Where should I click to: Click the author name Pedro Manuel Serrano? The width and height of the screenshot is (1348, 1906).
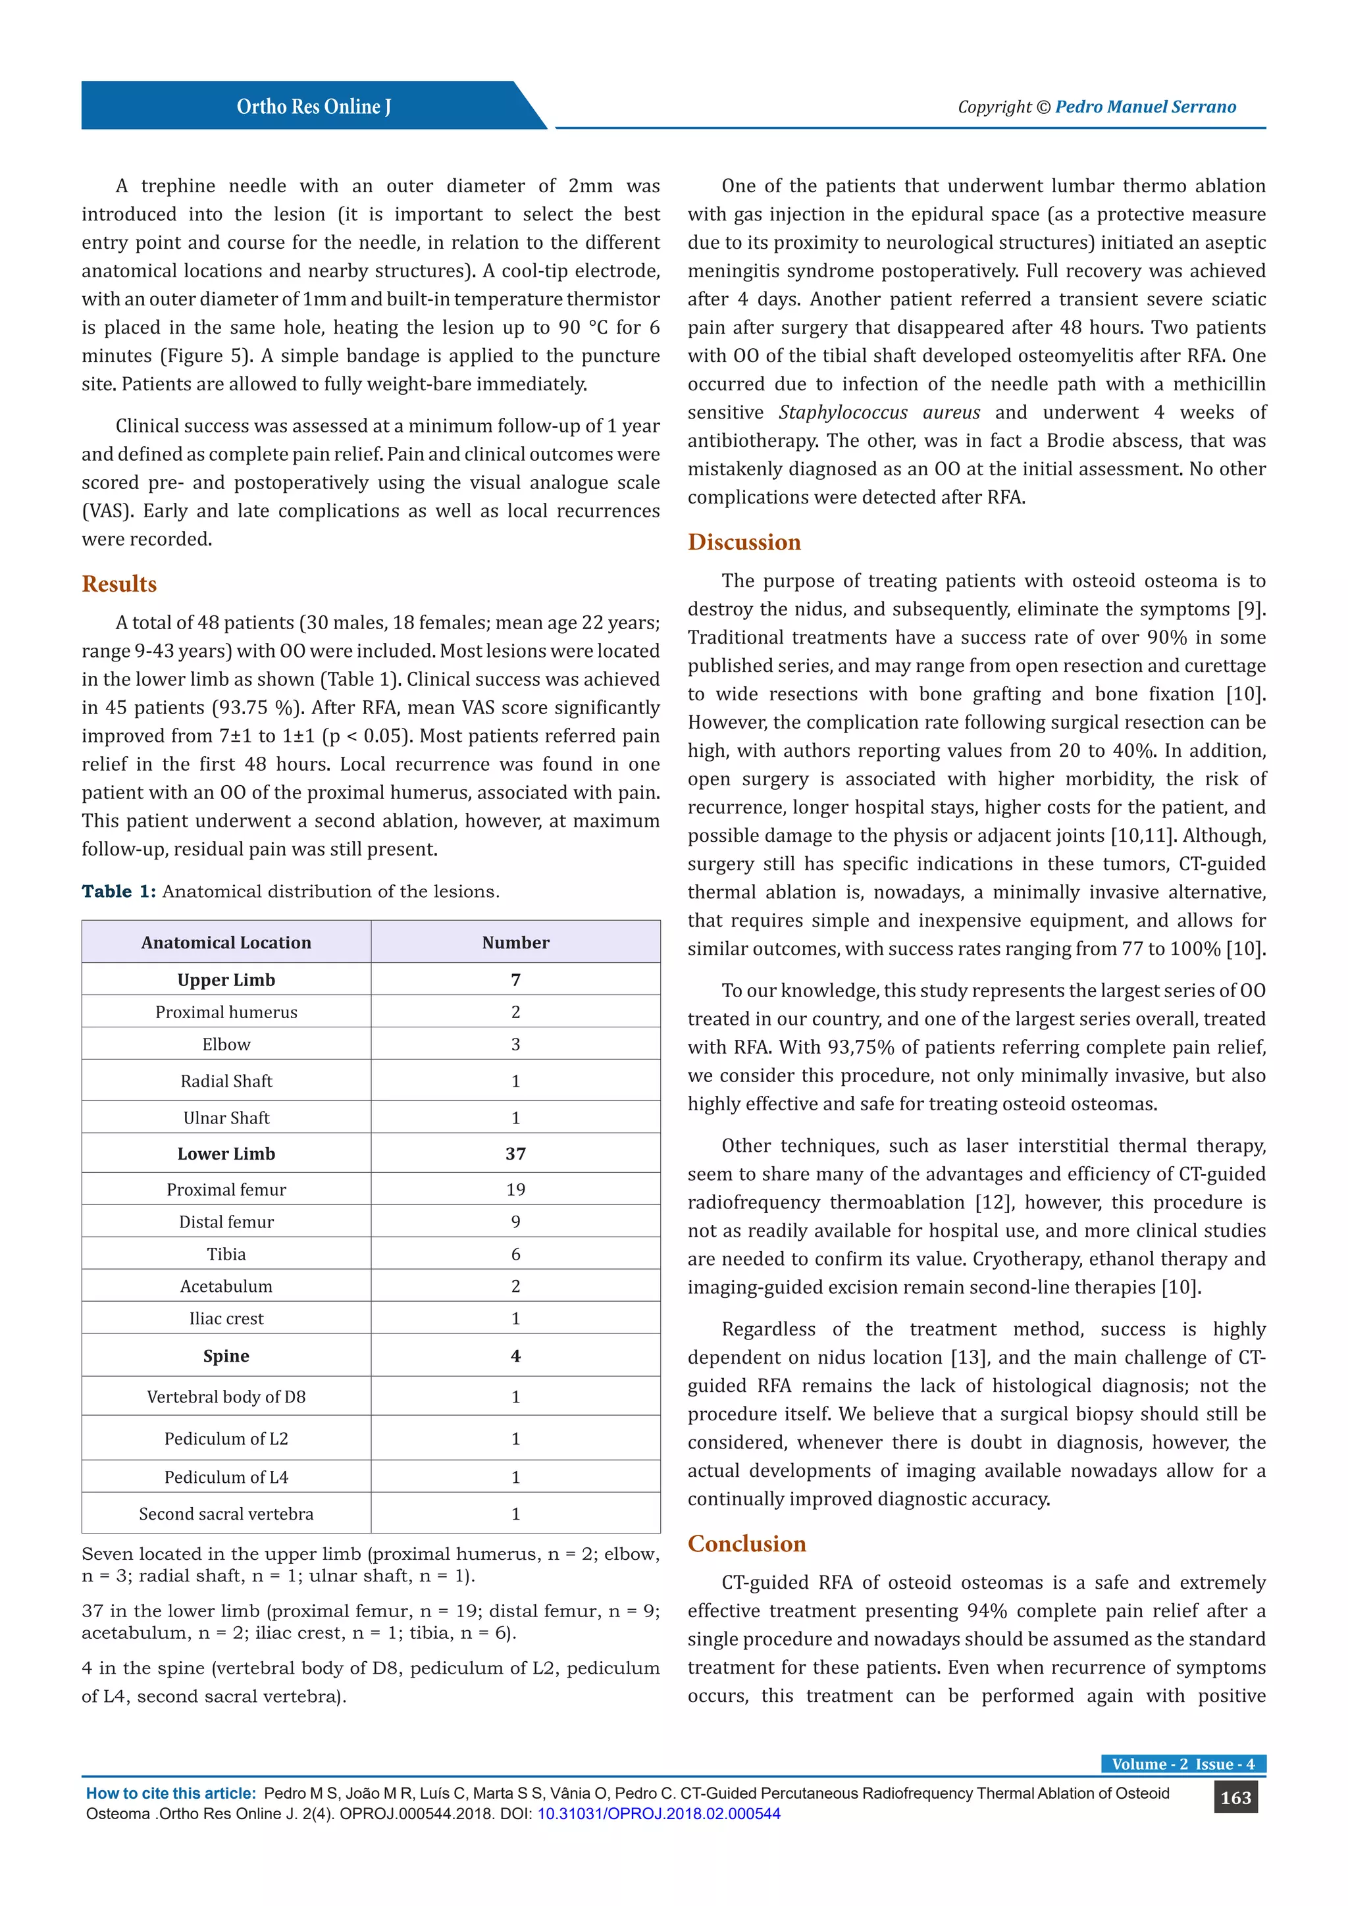click(1145, 106)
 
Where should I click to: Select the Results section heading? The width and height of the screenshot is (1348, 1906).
click(118, 584)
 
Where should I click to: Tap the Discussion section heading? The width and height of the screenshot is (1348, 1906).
click(744, 542)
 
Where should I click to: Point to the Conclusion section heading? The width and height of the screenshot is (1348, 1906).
click(746, 1543)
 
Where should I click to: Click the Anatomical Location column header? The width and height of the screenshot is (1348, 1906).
click(226, 942)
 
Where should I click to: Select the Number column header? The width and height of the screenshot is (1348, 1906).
click(515, 942)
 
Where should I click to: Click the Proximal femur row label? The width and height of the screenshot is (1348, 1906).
click(226, 1189)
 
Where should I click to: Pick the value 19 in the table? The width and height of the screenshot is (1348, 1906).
click(515, 1189)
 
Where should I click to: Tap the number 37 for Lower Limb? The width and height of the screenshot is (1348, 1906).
click(515, 1154)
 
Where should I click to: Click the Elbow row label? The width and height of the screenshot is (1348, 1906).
click(226, 1044)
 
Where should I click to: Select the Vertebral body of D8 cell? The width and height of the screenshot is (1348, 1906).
click(226, 1397)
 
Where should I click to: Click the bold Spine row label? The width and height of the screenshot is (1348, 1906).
click(226, 1356)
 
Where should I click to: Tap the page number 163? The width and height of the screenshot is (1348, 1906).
click(1235, 1797)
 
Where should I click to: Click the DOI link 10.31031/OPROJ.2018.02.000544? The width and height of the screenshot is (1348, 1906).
click(658, 1814)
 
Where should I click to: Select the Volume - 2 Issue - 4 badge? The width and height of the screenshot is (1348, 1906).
click(1183, 1764)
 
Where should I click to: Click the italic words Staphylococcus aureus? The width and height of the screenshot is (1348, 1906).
click(879, 413)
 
